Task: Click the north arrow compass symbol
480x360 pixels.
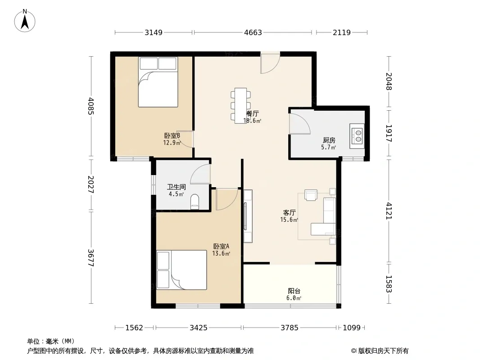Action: [x=25, y=21]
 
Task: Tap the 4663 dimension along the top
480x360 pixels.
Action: [x=253, y=32]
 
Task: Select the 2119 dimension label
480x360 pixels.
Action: [x=342, y=32]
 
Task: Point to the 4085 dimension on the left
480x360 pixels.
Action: [x=91, y=106]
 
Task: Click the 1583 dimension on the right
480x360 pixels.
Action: [x=389, y=284]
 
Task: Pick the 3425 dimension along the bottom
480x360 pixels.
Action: [x=199, y=328]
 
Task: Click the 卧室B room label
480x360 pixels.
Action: [x=172, y=135]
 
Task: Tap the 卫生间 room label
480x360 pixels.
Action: [x=177, y=187]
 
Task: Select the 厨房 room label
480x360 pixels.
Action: [x=329, y=140]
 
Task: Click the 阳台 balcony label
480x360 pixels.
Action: [x=294, y=291]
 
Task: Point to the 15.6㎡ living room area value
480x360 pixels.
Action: [x=289, y=220]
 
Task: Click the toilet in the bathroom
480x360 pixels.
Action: [x=195, y=202]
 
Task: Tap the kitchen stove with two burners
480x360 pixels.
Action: [x=357, y=136]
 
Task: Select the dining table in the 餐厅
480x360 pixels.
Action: [x=240, y=106]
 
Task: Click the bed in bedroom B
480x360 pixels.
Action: [x=158, y=82]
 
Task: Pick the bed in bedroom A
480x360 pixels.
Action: [x=181, y=270]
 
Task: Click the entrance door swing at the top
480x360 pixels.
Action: [x=270, y=63]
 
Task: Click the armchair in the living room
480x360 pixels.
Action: [x=311, y=195]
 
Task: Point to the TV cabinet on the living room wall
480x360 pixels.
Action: [x=248, y=216]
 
